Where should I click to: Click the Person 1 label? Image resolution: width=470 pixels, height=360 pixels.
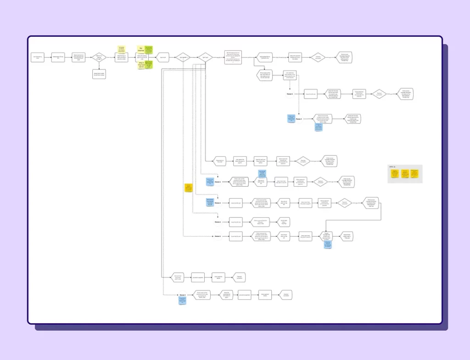(x=290, y=94)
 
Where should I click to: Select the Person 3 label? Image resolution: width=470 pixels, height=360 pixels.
(x=218, y=203)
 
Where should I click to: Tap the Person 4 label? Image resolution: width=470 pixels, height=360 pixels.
(x=218, y=222)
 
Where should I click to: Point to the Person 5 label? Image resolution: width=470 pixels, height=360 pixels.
(x=218, y=237)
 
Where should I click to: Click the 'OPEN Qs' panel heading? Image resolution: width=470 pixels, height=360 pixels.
(x=392, y=166)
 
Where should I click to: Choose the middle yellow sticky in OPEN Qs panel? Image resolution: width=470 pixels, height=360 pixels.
(x=404, y=174)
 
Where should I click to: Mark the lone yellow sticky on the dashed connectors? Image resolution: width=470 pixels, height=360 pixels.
(x=188, y=188)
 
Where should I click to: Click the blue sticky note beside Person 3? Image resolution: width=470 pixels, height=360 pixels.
(x=210, y=202)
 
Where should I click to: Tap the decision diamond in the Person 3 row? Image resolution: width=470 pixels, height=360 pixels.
(x=345, y=202)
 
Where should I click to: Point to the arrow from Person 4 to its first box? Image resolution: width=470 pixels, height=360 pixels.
(x=225, y=222)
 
